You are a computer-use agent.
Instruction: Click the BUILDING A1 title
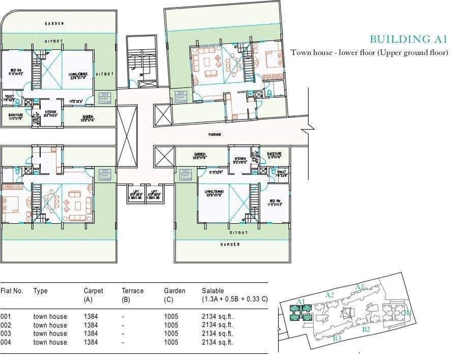pyautogui.click(x=408, y=40)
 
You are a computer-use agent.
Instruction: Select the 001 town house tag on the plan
pyautogui.click(x=182, y=98)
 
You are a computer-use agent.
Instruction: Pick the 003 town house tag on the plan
pyautogui.click(x=105, y=175)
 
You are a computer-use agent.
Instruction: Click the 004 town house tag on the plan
pyautogui.click(x=105, y=98)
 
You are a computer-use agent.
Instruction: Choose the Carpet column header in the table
pyautogui.click(x=93, y=291)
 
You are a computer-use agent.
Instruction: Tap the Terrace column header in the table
pyautogui.click(x=132, y=291)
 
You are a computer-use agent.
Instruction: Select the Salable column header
pyautogui.click(x=213, y=291)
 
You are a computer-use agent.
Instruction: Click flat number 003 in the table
pyautogui.click(x=6, y=334)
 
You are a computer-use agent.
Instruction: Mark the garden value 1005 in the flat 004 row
pyautogui.click(x=171, y=342)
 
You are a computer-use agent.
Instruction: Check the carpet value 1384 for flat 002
pyautogui.click(x=91, y=325)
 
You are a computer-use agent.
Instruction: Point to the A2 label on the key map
pyautogui.click(x=329, y=295)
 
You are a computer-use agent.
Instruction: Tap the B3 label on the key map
pyautogui.click(x=337, y=338)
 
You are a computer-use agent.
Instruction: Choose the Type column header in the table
pyautogui.click(x=40, y=291)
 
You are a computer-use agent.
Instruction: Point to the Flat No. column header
pyautogui.click(x=12, y=291)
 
